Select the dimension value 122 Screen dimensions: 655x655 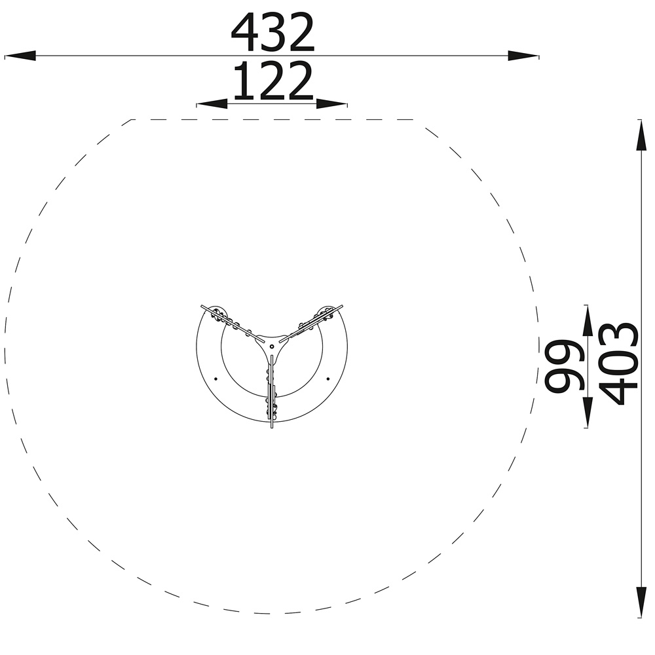pyautogui.click(x=272, y=81)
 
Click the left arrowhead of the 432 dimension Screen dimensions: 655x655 pyautogui.click(x=20, y=56)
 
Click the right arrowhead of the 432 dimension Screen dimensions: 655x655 pyautogui.click(x=523, y=56)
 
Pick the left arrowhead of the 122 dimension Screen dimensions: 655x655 pyautogui.click(x=212, y=103)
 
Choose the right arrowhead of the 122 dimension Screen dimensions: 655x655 pyautogui.click(x=331, y=103)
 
